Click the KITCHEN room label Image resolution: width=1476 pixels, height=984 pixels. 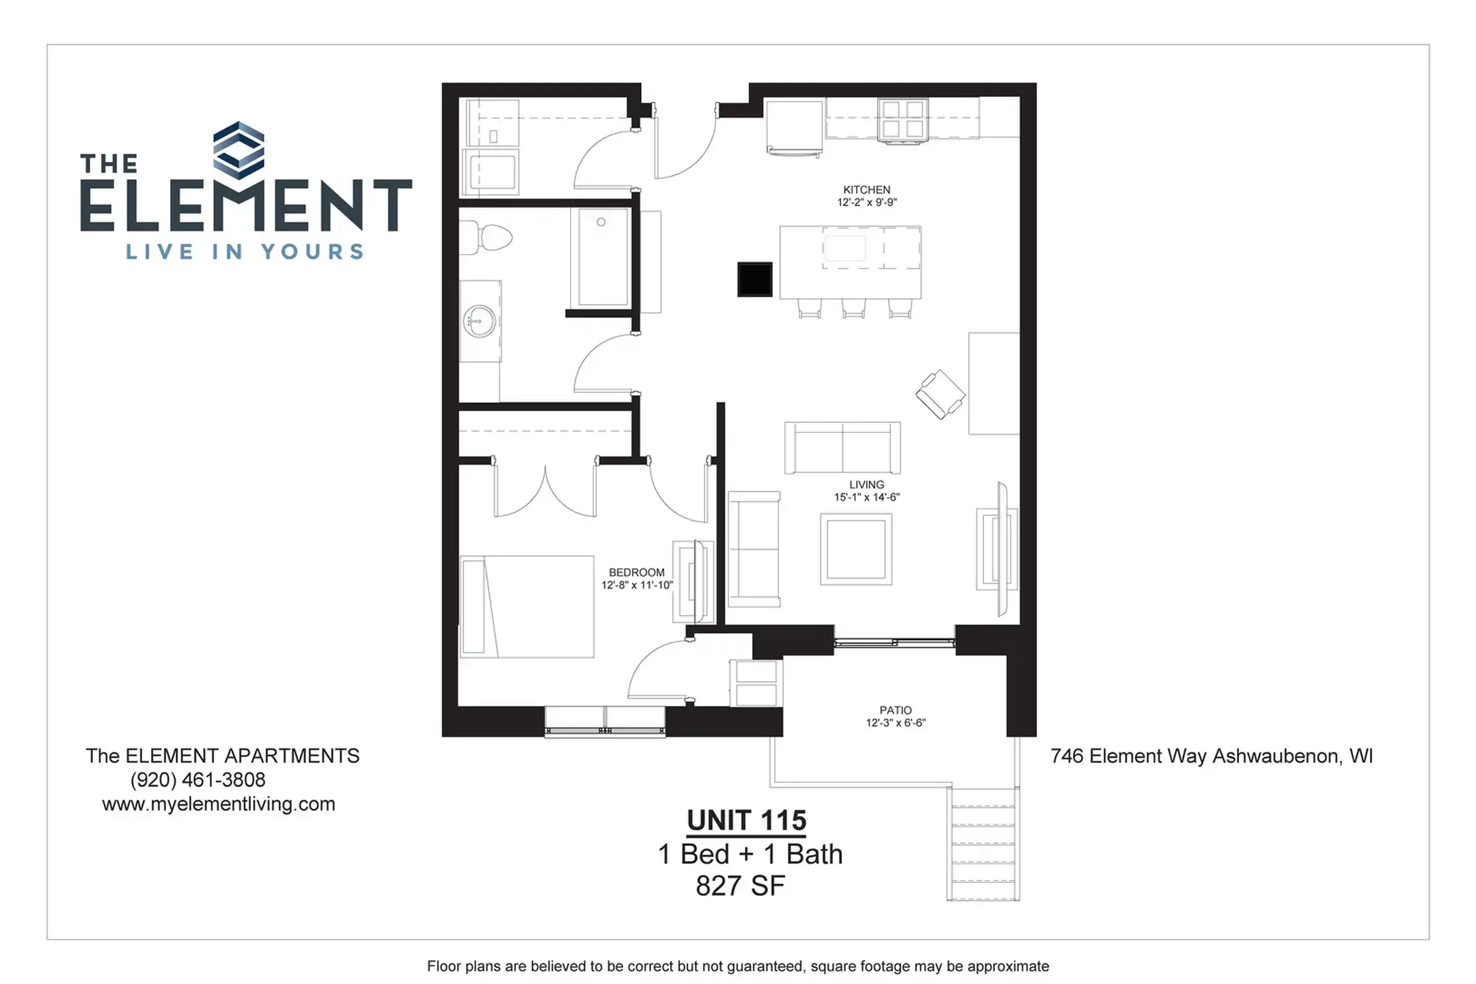click(x=866, y=190)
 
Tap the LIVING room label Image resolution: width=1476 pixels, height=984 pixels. click(x=866, y=484)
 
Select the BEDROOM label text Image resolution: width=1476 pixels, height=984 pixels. click(x=636, y=573)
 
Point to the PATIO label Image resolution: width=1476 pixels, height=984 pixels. click(x=895, y=710)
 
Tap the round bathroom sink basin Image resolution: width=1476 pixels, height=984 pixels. click(x=480, y=321)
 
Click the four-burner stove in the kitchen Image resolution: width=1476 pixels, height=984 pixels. click(x=902, y=120)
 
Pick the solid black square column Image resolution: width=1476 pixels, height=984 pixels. click(x=754, y=279)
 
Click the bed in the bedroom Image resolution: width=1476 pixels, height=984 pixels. click(x=527, y=607)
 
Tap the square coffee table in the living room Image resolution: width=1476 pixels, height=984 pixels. click(x=856, y=549)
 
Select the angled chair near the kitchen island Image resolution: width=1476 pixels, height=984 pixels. click(x=940, y=394)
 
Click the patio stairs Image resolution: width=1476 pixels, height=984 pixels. click(x=983, y=844)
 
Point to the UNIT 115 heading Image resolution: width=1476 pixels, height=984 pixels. click(x=746, y=820)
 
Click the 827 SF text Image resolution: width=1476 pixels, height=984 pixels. click(x=740, y=886)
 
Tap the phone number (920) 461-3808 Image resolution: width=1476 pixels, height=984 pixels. click(x=197, y=780)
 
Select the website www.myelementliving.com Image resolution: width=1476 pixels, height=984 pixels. click(x=219, y=804)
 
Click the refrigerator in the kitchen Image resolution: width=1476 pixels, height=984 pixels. click(x=794, y=128)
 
